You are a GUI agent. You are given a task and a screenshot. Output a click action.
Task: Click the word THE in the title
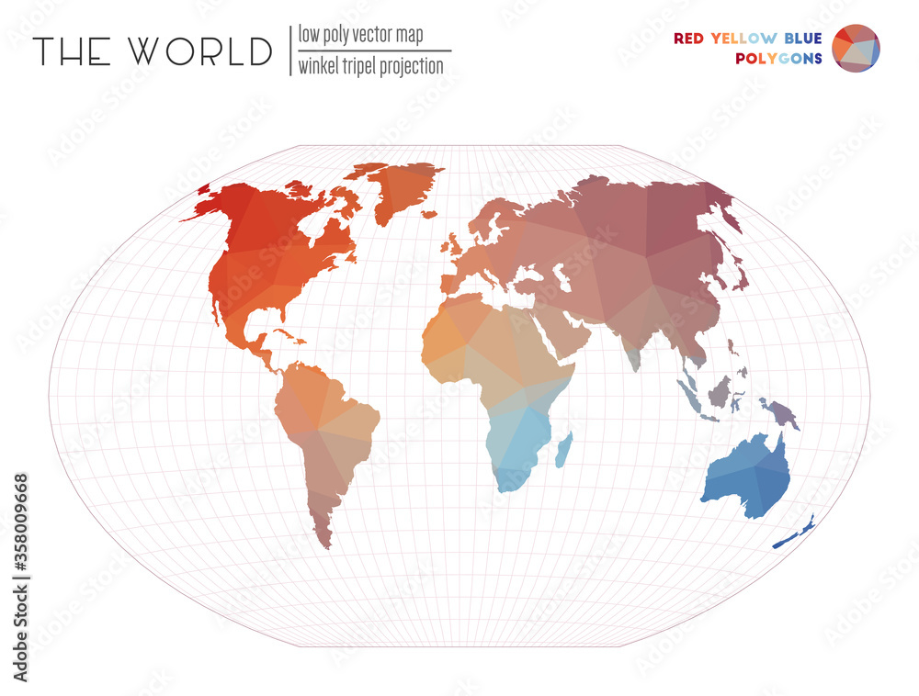[71, 51]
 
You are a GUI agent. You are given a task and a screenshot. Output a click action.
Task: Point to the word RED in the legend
[690, 39]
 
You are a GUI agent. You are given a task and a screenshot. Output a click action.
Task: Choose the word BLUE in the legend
[803, 39]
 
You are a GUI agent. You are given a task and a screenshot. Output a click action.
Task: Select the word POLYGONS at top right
[779, 59]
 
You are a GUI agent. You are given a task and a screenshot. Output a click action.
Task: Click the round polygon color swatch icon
[856, 49]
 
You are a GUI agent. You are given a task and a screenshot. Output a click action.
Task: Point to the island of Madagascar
[565, 449]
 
